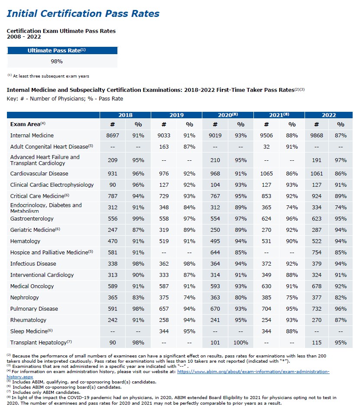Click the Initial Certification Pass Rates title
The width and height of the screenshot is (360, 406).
click(83, 13)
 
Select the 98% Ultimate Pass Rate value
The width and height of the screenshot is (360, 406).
click(57, 61)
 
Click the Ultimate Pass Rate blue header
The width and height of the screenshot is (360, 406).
click(57, 50)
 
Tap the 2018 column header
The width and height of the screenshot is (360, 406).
click(125, 115)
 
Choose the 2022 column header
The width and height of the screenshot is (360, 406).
click(329, 115)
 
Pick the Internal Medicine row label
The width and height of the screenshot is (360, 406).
click(32, 136)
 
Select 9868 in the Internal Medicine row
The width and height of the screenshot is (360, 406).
click(317, 136)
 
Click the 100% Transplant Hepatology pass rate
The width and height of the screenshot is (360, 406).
click(240, 343)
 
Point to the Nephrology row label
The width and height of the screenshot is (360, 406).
click(25, 298)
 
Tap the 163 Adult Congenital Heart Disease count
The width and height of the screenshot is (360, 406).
click(164, 147)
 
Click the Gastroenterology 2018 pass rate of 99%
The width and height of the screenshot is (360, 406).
click(138, 219)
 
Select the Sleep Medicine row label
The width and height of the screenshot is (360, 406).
click(29, 331)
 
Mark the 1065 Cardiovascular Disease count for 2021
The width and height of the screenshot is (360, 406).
click(266, 174)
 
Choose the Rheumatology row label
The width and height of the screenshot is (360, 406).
click(28, 320)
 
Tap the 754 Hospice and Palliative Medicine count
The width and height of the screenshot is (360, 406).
click(317, 253)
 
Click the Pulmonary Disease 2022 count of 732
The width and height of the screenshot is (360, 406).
click(317, 309)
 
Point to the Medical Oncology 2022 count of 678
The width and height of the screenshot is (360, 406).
click(317, 286)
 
